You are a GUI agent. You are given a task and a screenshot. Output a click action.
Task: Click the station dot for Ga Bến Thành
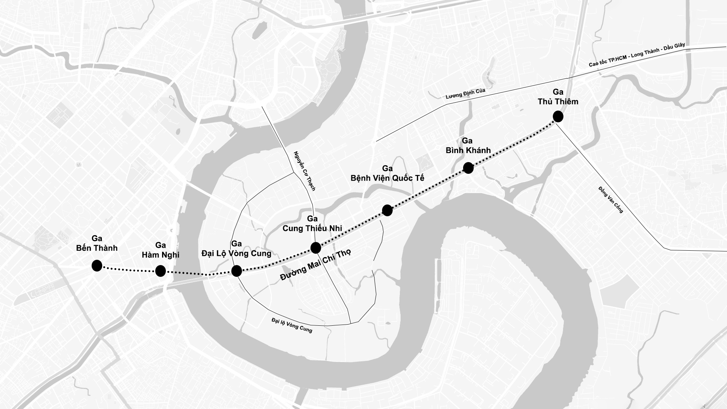point(97,266)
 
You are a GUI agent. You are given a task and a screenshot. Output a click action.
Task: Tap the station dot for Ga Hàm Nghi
point(161,271)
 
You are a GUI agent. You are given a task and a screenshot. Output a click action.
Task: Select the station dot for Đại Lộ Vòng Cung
point(237,271)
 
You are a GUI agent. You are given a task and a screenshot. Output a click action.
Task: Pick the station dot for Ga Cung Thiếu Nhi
point(316,248)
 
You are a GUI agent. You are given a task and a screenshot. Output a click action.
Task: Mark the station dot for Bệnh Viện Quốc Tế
point(387,210)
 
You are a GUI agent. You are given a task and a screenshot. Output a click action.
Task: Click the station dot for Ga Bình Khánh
point(468,168)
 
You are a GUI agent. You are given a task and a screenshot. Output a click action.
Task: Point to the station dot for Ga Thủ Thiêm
point(558,117)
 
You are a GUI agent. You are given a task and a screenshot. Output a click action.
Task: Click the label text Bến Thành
point(97,248)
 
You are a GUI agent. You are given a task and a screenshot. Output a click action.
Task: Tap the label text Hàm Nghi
point(161,254)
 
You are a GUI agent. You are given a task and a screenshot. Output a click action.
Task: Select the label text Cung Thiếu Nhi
point(312,228)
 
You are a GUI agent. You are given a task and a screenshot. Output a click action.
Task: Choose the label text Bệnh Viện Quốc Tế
point(387,178)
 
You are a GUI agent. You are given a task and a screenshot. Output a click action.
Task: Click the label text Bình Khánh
point(468,150)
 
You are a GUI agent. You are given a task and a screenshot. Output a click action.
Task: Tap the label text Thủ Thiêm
point(558,101)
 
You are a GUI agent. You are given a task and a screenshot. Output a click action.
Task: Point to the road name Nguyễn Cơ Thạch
point(304,171)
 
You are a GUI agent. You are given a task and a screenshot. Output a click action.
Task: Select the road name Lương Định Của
point(465,94)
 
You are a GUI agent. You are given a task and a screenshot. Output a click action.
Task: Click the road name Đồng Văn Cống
point(610,200)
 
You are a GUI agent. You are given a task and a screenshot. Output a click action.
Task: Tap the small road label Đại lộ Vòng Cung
point(292,325)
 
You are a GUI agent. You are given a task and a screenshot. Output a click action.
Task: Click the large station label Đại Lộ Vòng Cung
point(236,253)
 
